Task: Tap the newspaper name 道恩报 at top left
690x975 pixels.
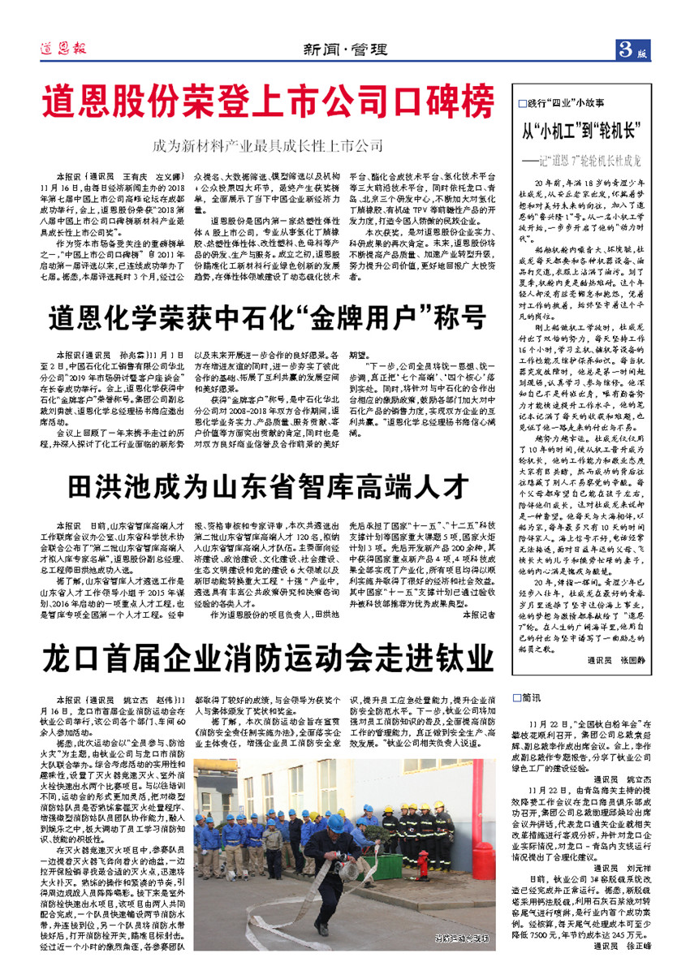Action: pyautogui.click(x=60, y=49)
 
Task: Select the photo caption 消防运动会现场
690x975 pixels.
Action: pyautogui.click(x=462, y=938)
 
